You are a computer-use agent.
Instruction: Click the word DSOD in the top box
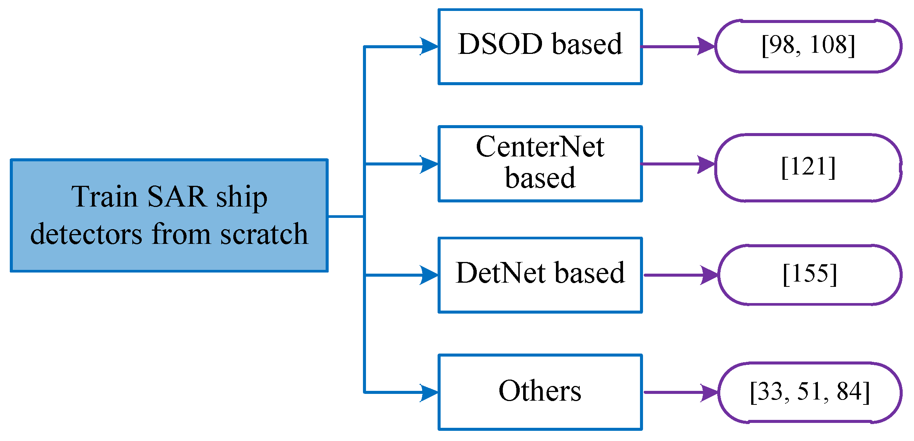500,44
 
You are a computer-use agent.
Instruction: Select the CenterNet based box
540,163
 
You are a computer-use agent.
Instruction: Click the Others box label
540,391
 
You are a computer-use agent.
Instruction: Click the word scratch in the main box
264,234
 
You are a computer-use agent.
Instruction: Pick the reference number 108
827,44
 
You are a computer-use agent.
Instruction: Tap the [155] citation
810,274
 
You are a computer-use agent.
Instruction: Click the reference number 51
809,392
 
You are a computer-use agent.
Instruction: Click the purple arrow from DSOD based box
678,46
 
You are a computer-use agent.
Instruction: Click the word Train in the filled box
104,196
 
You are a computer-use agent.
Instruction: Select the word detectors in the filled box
86,234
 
